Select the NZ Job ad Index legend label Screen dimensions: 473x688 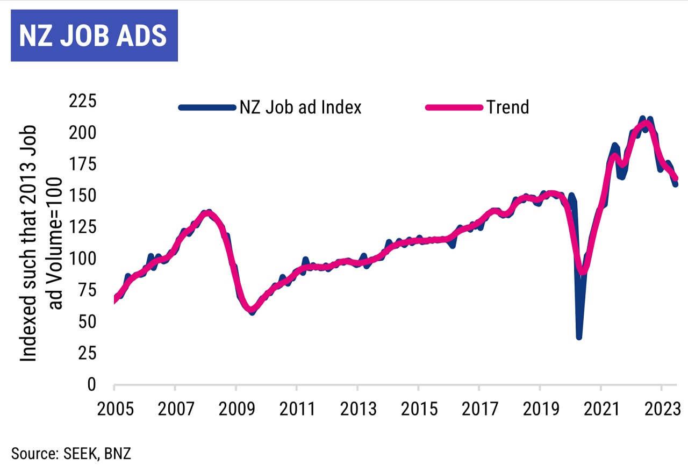(x=300, y=107)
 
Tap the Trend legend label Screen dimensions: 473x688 (x=508, y=107)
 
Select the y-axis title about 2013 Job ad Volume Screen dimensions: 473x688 (x=42, y=243)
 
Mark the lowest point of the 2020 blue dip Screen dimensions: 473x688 (x=579, y=336)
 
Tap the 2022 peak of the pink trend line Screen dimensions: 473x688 (x=647, y=124)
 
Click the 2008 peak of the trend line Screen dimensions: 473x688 (x=207, y=213)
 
